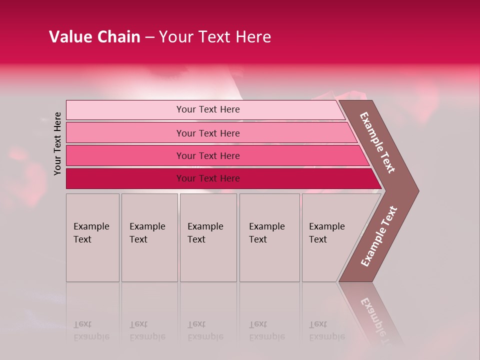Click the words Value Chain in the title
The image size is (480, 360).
pos(94,37)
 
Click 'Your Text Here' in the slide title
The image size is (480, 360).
pos(215,37)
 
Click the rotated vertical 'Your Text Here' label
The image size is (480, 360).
pos(57,143)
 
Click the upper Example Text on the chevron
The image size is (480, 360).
pos(377,142)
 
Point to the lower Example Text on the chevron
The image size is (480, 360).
pos(379,236)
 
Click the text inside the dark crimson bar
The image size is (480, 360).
pos(208,178)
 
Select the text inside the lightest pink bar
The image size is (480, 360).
pos(208,109)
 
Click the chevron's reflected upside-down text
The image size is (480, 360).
pos(374,317)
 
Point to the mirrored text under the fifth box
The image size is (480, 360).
pos(326,330)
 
